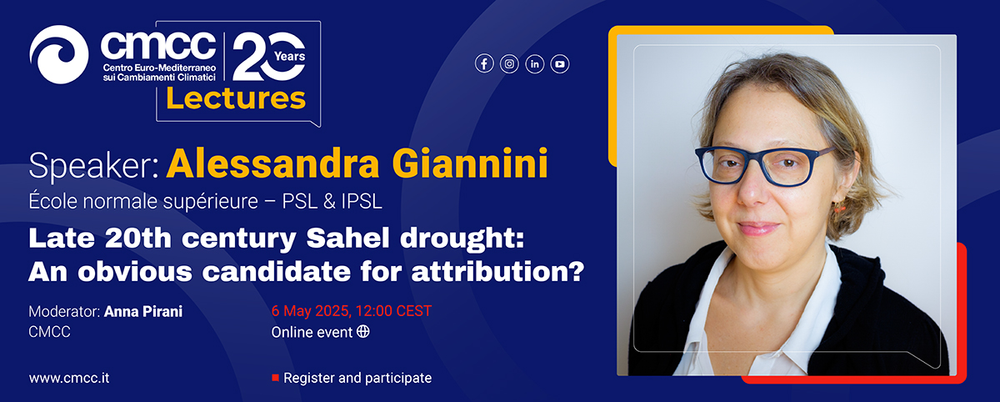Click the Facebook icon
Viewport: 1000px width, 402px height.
click(484, 64)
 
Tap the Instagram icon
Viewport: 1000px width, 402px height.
click(509, 64)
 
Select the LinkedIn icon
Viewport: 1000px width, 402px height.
click(535, 64)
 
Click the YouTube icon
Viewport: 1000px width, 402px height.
click(560, 64)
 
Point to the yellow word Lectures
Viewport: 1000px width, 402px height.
click(236, 98)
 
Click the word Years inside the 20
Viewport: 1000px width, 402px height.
click(290, 56)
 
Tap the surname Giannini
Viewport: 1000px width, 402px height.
click(470, 163)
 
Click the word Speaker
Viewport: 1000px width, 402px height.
click(91, 166)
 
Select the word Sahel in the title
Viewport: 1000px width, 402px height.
click(347, 238)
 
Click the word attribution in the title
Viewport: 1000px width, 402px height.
click(491, 272)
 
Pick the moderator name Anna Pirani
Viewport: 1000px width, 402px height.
click(143, 311)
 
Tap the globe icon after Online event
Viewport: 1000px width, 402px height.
click(363, 331)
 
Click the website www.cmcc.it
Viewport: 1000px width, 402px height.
click(69, 378)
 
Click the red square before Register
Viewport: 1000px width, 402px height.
click(276, 378)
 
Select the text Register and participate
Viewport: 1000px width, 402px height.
click(357, 379)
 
